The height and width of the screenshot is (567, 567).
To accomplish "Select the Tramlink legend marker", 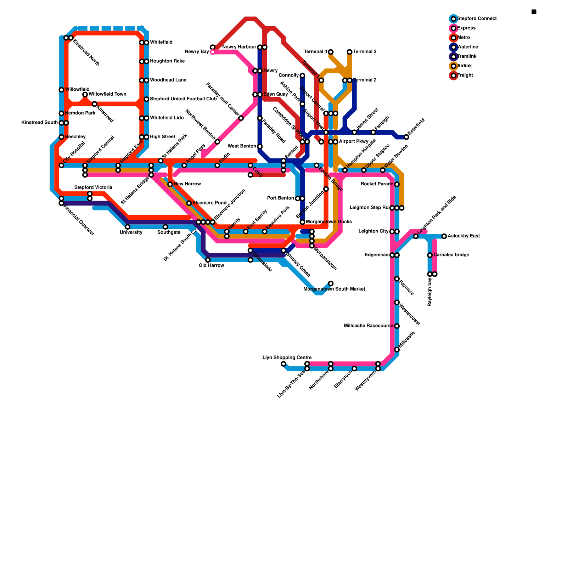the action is click(453, 57).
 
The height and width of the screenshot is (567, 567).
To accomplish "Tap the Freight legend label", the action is click(465, 75).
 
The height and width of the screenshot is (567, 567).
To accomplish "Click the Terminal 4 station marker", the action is click(331, 52).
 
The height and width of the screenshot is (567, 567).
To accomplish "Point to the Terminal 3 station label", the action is click(365, 52).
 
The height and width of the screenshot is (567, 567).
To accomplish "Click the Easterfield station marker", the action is click(406, 137).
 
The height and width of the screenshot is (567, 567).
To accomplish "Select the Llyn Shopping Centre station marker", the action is click(283, 364).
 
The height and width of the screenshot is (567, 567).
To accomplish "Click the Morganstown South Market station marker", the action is click(331, 283).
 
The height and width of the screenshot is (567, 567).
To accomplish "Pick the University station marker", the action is click(128, 227).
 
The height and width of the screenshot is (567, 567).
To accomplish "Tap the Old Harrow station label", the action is click(211, 265).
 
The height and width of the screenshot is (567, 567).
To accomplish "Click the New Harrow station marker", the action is click(170, 184).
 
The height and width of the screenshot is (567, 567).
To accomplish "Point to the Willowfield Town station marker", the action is click(85, 95).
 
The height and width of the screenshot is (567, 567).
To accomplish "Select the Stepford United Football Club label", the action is click(183, 99).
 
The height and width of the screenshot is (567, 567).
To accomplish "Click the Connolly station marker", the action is click(302, 75).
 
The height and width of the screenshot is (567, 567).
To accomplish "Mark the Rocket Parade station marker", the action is click(397, 184).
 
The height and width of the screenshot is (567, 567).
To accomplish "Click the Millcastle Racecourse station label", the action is click(368, 326).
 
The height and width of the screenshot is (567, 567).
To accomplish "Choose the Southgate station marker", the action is click(165, 227).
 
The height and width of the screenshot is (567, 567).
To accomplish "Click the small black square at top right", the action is click(534, 12).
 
